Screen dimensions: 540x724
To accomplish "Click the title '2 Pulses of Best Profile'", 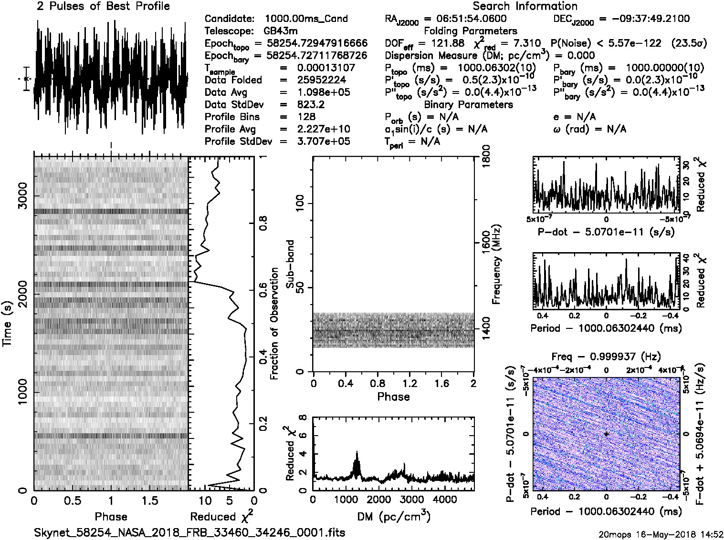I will (103, 6).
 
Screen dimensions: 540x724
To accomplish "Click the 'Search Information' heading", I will (525, 6).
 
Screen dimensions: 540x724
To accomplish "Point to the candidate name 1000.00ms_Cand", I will (306, 19).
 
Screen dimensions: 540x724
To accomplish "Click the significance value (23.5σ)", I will (689, 43).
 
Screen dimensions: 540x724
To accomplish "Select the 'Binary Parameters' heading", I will (468, 104).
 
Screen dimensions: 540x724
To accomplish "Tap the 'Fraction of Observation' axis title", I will (274, 324).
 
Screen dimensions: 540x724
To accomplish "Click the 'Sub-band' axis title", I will (290, 264).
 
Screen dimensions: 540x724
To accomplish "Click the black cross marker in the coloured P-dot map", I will (606, 434).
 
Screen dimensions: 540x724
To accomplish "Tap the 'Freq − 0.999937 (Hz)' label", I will (606, 357).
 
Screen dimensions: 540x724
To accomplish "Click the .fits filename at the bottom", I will (189, 532).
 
